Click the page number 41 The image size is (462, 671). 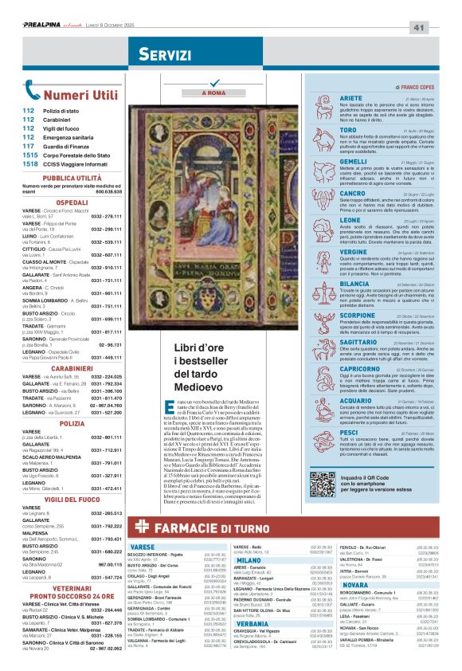pyautogui.click(x=440, y=28)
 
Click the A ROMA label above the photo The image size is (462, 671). pyautogui.click(x=214, y=94)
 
